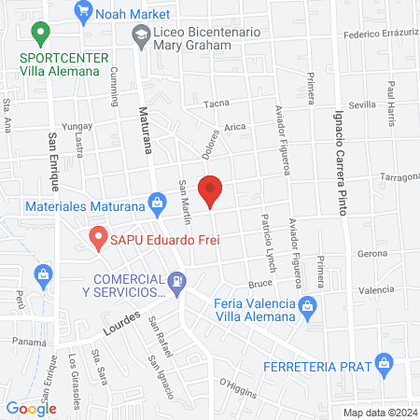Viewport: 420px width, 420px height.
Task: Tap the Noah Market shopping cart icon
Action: tap(84, 11)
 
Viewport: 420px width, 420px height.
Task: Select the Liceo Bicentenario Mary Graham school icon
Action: tap(140, 36)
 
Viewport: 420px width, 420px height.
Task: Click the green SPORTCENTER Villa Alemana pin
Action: tap(39, 35)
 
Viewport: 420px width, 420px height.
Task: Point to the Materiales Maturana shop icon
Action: tap(157, 202)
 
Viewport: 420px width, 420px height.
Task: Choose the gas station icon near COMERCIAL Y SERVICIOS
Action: tap(175, 280)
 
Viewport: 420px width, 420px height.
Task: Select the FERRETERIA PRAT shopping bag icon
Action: tap(382, 362)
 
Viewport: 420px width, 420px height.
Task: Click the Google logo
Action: tap(31, 408)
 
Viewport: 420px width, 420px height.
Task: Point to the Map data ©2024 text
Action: tap(379, 413)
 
